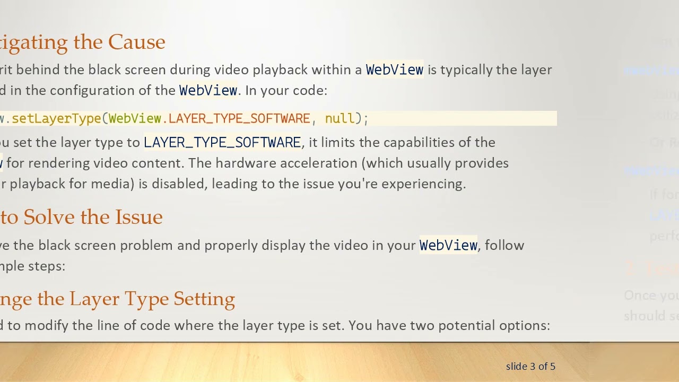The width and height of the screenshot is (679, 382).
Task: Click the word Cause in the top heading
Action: tap(136, 42)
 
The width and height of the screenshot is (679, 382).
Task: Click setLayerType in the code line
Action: tap(56, 118)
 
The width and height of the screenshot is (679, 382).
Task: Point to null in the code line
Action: tap(339, 118)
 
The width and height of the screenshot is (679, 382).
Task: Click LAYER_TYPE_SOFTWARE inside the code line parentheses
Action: tap(239, 118)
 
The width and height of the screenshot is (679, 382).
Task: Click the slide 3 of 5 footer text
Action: tap(530, 366)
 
